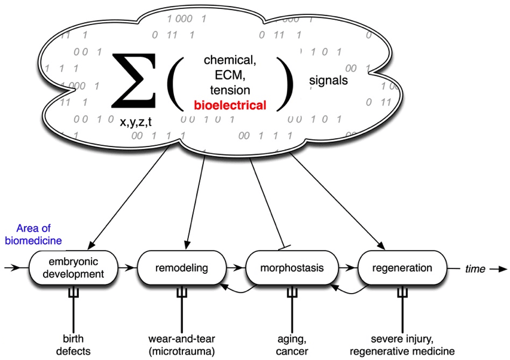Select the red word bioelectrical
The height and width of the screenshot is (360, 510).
click(x=229, y=105)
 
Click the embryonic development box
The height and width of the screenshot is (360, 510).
click(x=73, y=268)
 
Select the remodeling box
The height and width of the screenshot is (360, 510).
click(x=181, y=268)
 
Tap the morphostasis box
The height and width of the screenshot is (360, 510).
click(x=292, y=268)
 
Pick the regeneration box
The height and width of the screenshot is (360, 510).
click(x=402, y=268)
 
